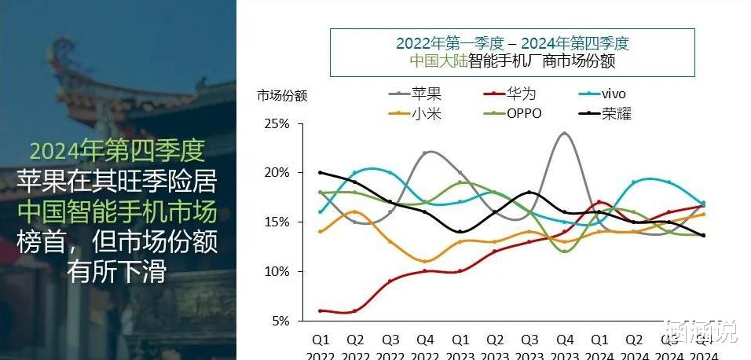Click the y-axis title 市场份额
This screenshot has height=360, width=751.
(x=282, y=96)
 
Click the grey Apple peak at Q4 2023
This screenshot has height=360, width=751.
(x=564, y=133)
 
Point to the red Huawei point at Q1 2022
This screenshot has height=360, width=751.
(x=321, y=310)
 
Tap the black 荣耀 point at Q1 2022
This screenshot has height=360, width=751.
(x=321, y=173)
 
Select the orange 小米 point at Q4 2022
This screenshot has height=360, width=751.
(x=425, y=261)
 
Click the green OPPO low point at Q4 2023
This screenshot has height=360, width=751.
(x=564, y=251)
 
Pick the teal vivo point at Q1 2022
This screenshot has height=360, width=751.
(x=321, y=211)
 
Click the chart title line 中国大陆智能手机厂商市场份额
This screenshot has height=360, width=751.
(x=511, y=61)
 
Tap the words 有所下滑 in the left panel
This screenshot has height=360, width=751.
(x=118, y=273)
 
